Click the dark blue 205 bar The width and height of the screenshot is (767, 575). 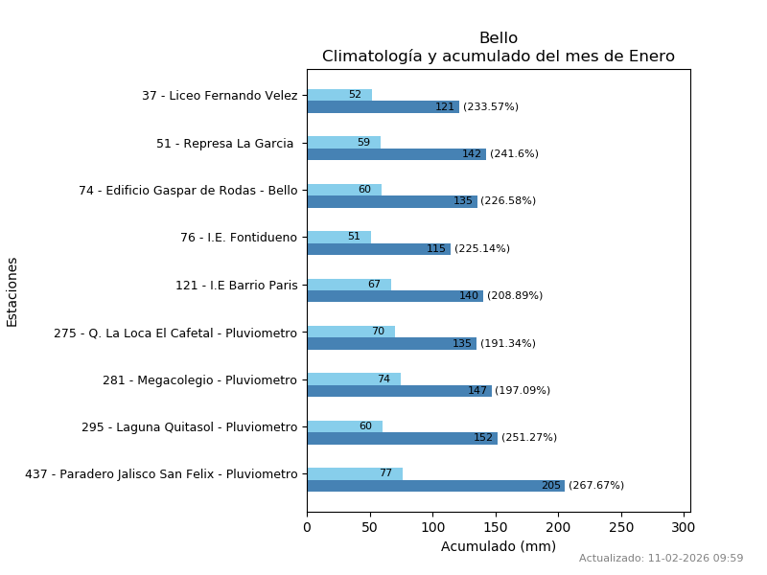(436, 486)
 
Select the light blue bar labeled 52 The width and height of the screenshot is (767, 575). (339, 95)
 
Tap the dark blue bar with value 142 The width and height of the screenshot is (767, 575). (396, 154)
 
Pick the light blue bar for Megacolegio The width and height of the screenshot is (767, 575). (354, 379)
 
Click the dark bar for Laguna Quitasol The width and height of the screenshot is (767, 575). (402, 438)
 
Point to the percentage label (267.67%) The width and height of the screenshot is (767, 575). (596, 486)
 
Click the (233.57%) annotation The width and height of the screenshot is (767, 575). (491, 107)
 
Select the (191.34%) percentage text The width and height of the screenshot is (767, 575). (508, 344)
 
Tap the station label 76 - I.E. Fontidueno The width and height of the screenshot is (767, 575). (239, 238)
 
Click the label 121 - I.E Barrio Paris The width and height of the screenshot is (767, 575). (236, 285)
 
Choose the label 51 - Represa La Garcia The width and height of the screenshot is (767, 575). (226, 144)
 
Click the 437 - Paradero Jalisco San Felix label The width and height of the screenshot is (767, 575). (161, 474)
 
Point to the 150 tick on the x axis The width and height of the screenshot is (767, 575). (496, 527)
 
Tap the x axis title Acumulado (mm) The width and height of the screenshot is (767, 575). (499, 546)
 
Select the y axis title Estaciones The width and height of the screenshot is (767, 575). (12, 291)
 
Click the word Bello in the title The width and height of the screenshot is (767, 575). (499, 38)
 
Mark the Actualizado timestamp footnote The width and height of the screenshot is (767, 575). (661, 559)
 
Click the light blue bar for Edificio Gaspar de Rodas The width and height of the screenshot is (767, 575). (344, 190)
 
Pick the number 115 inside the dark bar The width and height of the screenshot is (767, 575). (436, 249)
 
